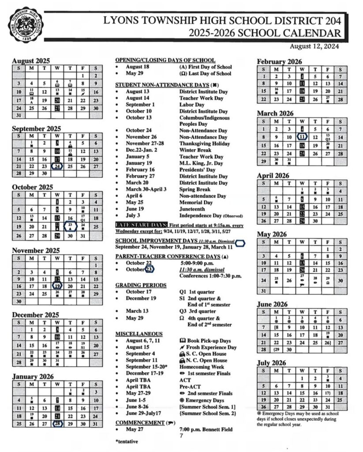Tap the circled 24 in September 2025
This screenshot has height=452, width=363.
coord(57,166)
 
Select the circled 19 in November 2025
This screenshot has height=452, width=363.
coord(57,286)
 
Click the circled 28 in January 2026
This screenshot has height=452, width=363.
coord(57,424)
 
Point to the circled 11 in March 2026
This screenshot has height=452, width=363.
coord(302,137)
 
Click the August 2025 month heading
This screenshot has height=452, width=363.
coord(31,61)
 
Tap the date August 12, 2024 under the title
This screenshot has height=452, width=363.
coord(314,45)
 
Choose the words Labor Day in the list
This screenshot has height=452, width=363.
coord(192,105)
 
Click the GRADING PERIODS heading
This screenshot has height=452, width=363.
coord(141,285)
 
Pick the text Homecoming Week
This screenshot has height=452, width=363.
coord(202,367)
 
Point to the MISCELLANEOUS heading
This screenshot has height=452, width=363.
coord(139,334)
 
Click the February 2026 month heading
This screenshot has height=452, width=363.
coord(280,62)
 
